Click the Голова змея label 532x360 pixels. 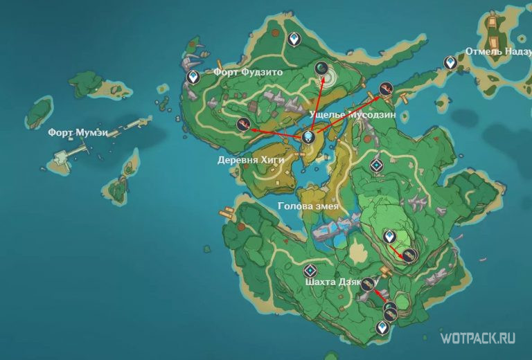click(x=308, y=206)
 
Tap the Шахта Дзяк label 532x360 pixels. click(x=332, y=282)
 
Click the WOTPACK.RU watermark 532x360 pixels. click(x=478, y=338)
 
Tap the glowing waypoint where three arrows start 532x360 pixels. click(x=308, y=137)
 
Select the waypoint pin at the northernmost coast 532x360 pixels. click(x=294, y=39)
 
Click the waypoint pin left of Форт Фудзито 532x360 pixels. click(x=193, y=76)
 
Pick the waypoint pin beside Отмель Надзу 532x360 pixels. click(x=451, y=63)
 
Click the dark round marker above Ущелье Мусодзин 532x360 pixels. click(x=322, y=67)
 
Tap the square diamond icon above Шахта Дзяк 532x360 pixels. click(x=310, y=270)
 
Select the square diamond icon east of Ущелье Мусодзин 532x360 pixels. click(x=376, y=165)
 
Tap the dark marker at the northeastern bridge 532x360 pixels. click(x=386, y=88)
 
